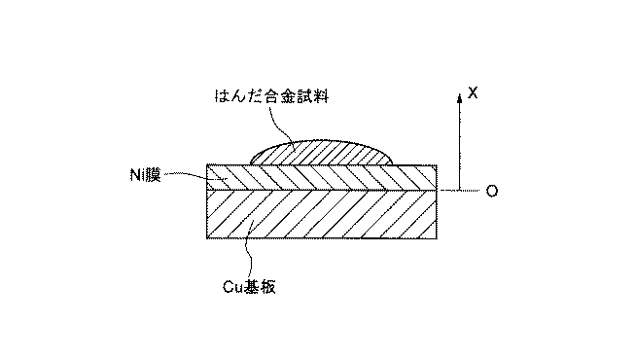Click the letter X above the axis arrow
tap(473, 93)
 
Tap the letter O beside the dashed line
tap(492, 191)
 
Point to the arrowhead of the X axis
tap(459, 98)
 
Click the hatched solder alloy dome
tap(321, 153)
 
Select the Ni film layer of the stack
tap(322, 177)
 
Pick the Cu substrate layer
tap(322, 214)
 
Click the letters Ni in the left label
tap(137, 175)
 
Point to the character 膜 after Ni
tap(153, 175)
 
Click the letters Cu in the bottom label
tap(232, 287)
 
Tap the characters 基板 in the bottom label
tap(260, 287)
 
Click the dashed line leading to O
tap(459, 190)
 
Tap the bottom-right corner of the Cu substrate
tap(437, 238)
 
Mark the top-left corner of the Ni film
tap(207, 164)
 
